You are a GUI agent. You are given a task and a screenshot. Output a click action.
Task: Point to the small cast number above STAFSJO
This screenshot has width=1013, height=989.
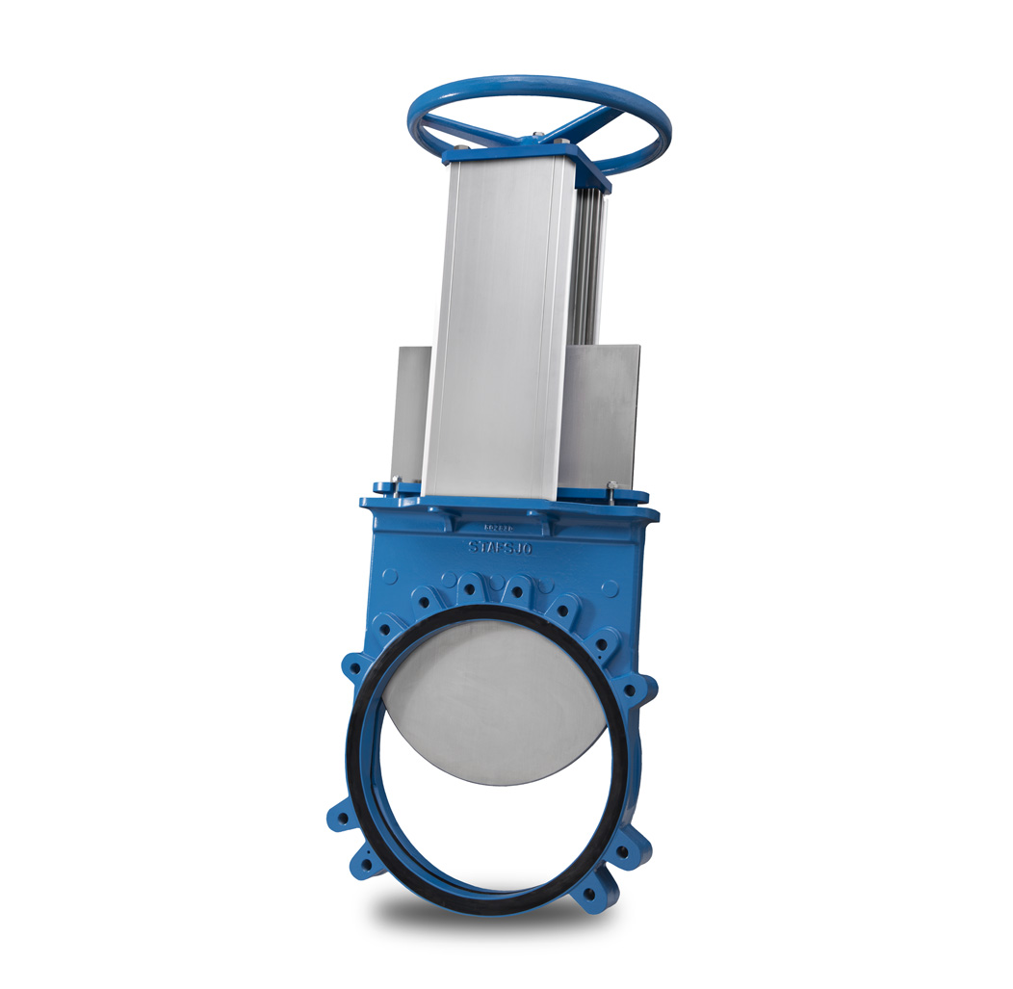pos(501,527)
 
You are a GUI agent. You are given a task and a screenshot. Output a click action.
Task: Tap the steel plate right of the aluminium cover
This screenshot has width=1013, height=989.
pos(602,414)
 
